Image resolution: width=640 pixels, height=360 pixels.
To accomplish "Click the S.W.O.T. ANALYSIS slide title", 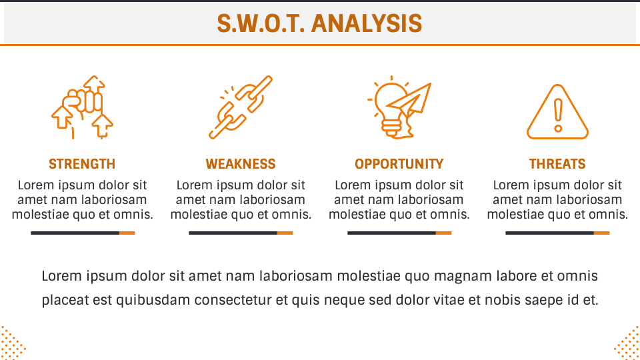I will tap(319, 24).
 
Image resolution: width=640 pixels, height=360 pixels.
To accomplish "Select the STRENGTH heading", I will tap(82, 164).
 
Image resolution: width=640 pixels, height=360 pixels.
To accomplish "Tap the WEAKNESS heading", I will tap(241, 164).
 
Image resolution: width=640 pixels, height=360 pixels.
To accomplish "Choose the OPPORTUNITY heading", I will tap(399, 164).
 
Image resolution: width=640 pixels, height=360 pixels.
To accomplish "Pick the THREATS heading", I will tap(557, 164).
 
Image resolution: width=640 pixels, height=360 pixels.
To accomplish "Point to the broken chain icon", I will tap(241, 107).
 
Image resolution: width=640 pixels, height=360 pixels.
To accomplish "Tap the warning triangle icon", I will tap(558, 112).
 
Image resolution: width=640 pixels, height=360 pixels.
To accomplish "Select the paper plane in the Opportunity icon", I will tap(413, 101).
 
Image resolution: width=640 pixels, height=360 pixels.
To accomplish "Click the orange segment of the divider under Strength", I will tap(127, 233).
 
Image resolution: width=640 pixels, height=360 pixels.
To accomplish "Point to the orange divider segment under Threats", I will tap(601, 233).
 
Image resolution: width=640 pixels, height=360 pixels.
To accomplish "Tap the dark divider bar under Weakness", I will tap(233, 233).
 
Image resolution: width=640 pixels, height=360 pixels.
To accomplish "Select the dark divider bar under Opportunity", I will tap(391, 233).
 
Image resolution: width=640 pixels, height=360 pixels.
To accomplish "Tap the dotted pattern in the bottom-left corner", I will tap(12, 343).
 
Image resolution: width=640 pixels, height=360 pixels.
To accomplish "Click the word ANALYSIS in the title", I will tap(367, 24).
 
